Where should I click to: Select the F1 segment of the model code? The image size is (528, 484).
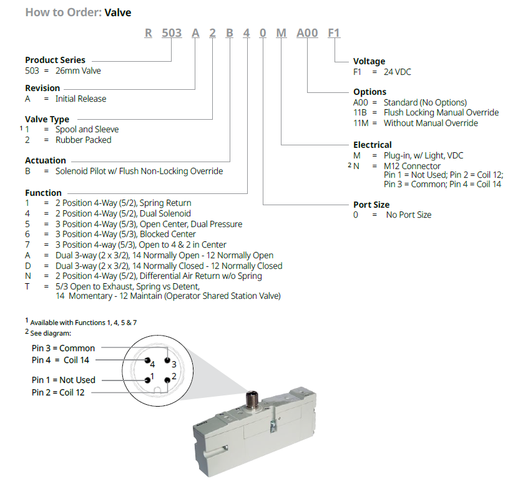(335, 33)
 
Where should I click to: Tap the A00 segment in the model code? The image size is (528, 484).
(307, 33)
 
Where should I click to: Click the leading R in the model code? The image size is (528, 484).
(149, 33)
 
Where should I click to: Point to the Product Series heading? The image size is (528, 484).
(55, 60)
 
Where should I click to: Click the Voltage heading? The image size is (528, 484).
(369, 61)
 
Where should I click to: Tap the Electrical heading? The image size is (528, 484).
(372, 145)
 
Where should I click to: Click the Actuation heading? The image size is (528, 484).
(46, 160)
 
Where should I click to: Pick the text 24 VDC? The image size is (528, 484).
(398, 72)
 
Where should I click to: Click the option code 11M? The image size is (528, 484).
(363, 123)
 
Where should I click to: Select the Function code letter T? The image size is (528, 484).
(28, 286)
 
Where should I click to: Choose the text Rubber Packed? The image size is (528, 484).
(83, 140)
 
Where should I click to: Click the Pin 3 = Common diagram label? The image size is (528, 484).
(64, 348)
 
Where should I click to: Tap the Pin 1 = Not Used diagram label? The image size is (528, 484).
(64, 380)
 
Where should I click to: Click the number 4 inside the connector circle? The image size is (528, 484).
(152, 364)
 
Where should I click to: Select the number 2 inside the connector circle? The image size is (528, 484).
(174, 376)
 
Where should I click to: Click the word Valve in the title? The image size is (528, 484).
(118, 12)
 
